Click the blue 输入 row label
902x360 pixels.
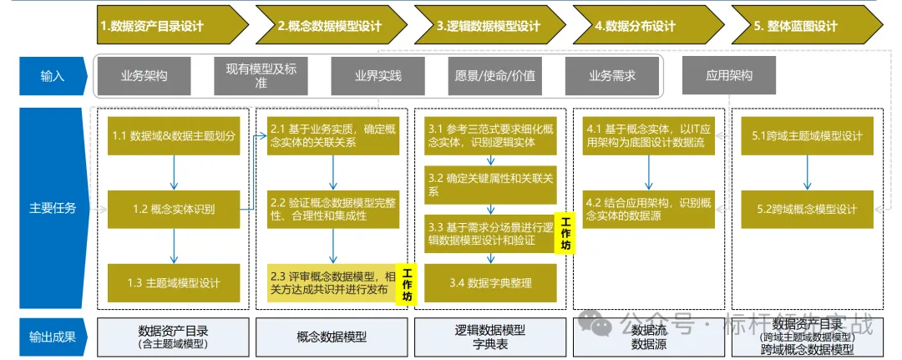click(53, 76)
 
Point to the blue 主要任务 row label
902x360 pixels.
click(53, 207)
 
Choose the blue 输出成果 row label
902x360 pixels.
click(53, 337)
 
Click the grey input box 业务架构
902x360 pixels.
click(144, 76)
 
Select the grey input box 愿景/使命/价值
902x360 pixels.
click(494, 76)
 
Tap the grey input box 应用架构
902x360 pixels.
click(729, 76)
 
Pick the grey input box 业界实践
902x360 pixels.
click(378, 76)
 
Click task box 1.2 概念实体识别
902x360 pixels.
click(174, 208)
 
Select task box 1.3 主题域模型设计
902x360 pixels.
click(174, 282)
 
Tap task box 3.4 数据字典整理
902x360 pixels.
click(490, 282)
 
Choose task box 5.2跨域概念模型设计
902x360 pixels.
click(807, 208)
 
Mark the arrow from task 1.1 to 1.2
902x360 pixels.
click(174, 173)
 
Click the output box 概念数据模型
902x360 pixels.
click(332, 337)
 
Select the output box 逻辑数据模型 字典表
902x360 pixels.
click(490, 337)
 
